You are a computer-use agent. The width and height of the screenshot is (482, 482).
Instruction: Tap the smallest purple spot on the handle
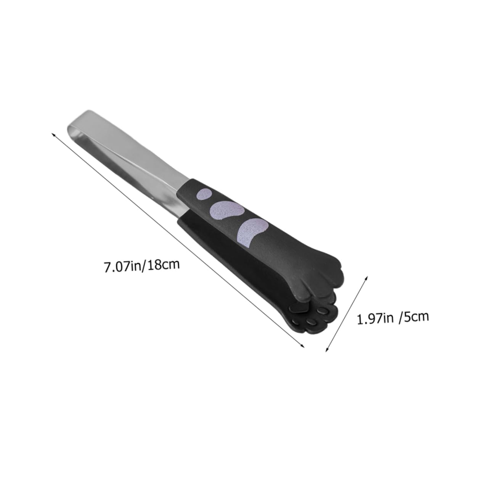coord(206,194)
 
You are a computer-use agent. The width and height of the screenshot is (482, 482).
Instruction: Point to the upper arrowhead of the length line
coord(53,134)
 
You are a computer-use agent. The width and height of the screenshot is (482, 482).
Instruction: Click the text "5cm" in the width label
coord(415,316)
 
